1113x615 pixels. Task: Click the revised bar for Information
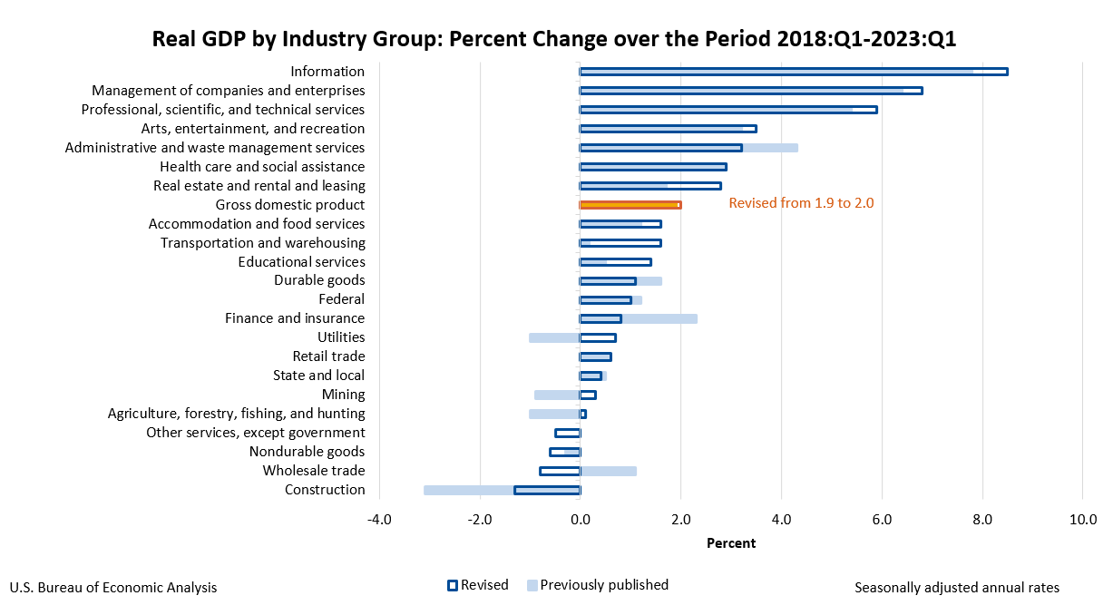tap(793, 72)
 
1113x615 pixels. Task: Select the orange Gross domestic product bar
tap(630, 205)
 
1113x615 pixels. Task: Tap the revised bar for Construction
tap(547, 490)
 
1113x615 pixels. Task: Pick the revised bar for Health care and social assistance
tap(652, 167)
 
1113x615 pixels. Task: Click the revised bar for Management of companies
tap(750, 91)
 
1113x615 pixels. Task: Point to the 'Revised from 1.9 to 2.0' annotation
tap(801, 203)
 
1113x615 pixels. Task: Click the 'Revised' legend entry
tap(478, 585)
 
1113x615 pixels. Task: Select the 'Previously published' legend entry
tap(598, 585)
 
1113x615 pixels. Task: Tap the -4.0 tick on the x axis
tap(378, 520)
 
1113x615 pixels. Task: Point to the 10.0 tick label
tap(1082, 520)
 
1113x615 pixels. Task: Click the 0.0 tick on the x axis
tap(580, 520)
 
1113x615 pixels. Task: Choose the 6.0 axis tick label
tap(881, 520)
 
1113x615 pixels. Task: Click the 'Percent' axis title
tap(730, 543)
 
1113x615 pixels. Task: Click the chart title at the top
tap(554, 40)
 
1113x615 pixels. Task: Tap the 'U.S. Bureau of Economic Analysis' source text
tap(113, 588)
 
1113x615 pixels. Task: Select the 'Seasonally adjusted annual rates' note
tap(956, 588)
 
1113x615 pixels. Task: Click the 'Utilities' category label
tap(340, 337)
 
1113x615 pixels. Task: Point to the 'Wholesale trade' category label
tap(314, 471)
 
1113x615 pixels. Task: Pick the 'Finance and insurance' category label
tap(295, 318)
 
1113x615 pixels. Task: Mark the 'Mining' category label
tap(343, 395)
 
